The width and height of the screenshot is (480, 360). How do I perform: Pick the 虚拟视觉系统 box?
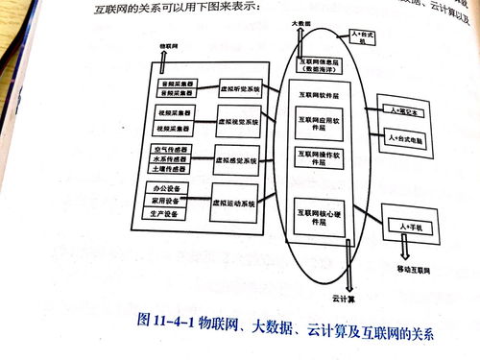(x=238, y=122)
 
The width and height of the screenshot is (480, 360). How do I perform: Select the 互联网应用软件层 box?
(x=323, y=123)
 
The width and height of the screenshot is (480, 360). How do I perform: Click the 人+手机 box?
(x=410, y=228)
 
